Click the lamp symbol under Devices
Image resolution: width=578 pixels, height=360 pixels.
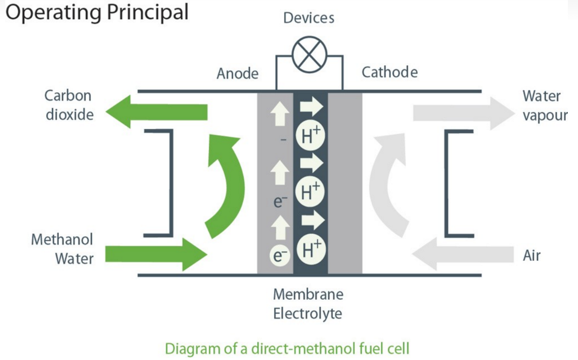point(309,54)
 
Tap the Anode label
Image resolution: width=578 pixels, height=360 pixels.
point(237,74)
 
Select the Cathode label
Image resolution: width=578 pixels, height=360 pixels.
point(389,73)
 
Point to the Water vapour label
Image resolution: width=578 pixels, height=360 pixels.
point(545,105)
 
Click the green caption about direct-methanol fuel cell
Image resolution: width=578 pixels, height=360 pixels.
point(287,348)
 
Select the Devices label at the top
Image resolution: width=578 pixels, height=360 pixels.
point(309,18)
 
